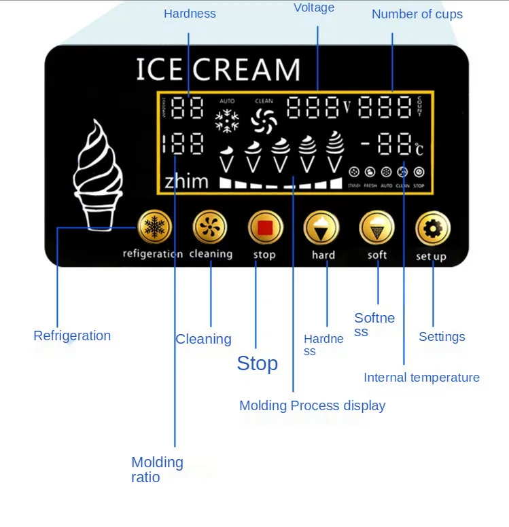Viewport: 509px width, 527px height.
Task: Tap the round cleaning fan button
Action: (210, 228)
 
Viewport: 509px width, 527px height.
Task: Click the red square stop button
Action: (264, 228)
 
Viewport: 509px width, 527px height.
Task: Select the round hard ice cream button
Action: (321, 228)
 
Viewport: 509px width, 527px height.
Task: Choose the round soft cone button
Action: (376, 228)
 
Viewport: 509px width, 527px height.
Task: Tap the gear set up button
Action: (432, 228)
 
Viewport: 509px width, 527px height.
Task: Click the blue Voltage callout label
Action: (314, 8)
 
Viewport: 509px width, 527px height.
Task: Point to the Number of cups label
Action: (417, 14)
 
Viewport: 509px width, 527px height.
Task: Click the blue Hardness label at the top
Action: (190, 14)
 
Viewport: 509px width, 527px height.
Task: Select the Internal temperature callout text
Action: (421, 378)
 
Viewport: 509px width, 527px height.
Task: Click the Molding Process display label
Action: (312, 405)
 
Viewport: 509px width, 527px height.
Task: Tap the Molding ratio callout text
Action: (157, 469)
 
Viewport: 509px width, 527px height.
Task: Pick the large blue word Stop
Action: (257, 363)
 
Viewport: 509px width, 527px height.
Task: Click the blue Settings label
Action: (442, 337)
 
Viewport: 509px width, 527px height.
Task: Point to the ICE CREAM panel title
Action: (217, 70)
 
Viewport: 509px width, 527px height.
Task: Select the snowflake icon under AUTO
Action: (226, 122)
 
